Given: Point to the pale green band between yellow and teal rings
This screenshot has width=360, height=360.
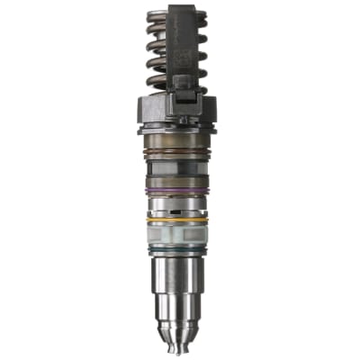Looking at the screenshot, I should click(x=180, y=234).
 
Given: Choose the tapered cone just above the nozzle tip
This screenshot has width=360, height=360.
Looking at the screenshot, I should click(x=180, y=337).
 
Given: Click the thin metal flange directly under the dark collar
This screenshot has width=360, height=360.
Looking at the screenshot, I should click(x=180, y=131).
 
